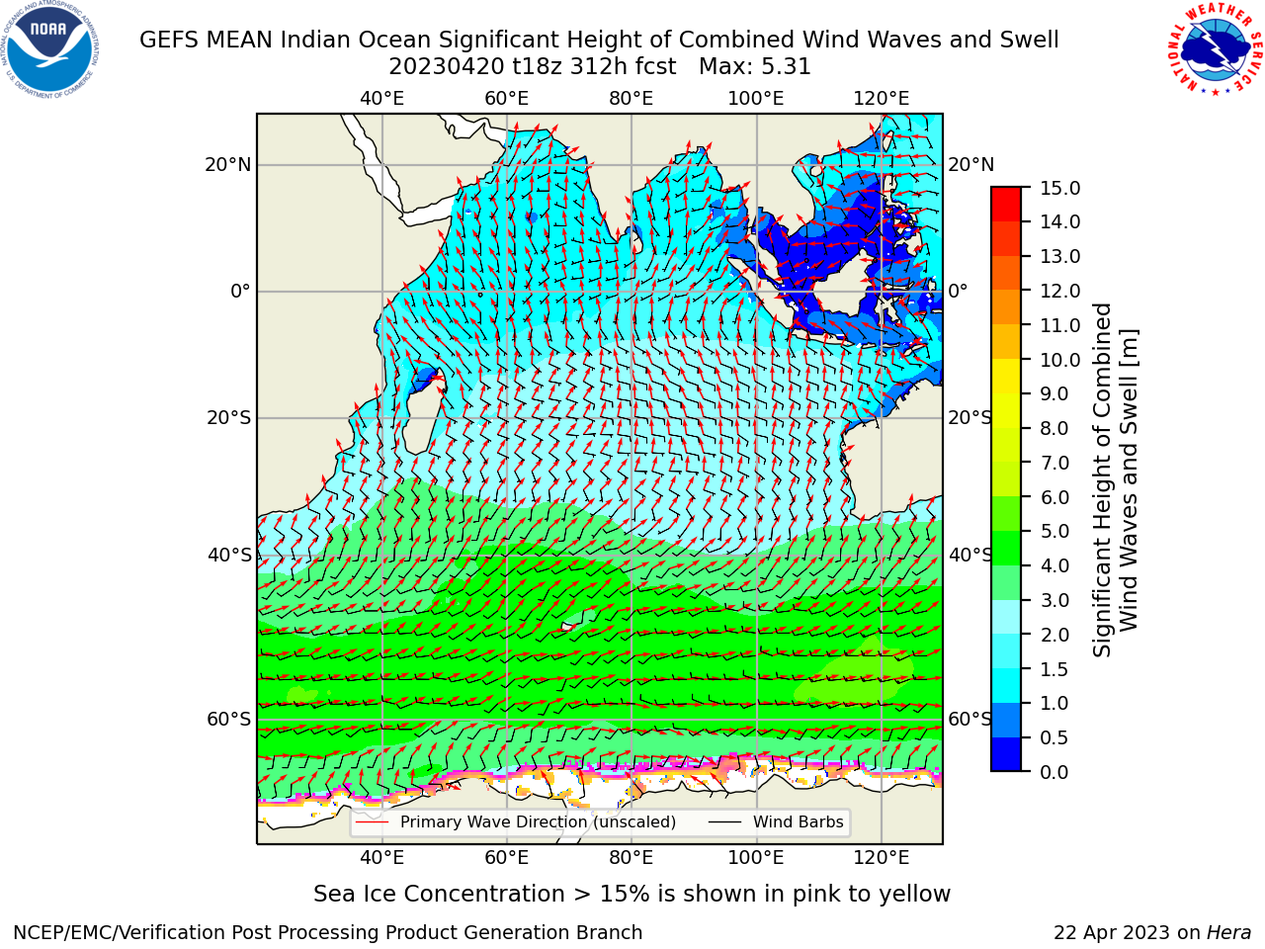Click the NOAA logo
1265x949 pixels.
[49, 49]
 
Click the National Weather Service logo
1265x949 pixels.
[1212, 49]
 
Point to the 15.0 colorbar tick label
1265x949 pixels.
[1059, 188]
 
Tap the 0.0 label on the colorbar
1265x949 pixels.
[1054, 772]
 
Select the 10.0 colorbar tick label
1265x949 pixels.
[1059, 360]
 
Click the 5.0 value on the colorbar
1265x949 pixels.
[1054, 531]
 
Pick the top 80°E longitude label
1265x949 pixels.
[632, 99]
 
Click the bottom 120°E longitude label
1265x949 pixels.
[882, 858]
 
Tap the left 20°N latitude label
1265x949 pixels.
[228, 165]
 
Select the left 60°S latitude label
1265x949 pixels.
[229, 719]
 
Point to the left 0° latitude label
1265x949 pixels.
[240, 291]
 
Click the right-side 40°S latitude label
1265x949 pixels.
[970, 555]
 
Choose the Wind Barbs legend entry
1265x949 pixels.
[776, 822]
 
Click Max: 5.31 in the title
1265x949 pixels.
[754, 67]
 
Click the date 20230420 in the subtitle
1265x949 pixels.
[447, 67]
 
